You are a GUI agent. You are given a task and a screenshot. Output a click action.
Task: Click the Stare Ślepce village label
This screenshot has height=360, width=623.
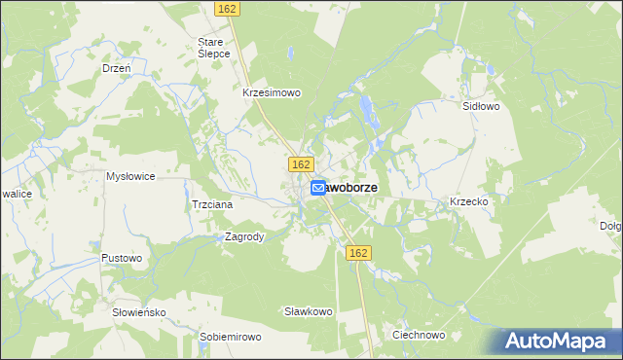pyautogui.click(x=213, y=48)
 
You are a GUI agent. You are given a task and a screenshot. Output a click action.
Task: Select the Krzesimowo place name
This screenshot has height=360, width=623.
pyautogui.click(x=272, y=93)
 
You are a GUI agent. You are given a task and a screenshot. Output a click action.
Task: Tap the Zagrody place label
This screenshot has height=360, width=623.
pyautogui.click(x=244, y=236)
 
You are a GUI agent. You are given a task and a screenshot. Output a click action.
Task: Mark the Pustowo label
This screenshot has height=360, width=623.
pyautogui.click(x=122, y=258)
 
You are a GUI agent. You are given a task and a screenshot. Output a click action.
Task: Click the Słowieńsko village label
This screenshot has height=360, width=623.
pyautogui.click(x=140, y=312)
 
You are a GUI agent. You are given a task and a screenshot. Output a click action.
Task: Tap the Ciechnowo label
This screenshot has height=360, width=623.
pyautogui.click(x=418, y=335)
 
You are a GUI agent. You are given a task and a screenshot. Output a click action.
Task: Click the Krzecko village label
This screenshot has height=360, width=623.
pyautogui.click(x=468, y=201)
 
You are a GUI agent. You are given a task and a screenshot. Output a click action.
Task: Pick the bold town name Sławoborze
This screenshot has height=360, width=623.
pyautogui.click(x=358, y=187)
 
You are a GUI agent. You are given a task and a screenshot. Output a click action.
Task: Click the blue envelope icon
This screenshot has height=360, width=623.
pyautogui.click(x=318, y=189)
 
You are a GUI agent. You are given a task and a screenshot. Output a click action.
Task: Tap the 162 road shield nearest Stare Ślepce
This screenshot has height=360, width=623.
pyautogui.click(x=227, y=8)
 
